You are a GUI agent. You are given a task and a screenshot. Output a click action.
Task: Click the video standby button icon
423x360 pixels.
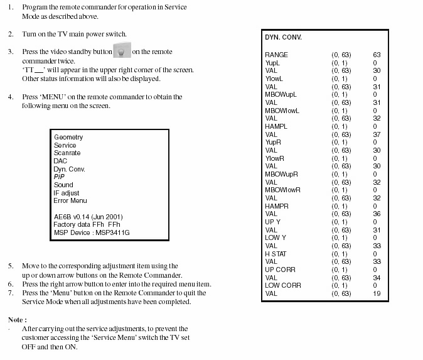tap(122, 52)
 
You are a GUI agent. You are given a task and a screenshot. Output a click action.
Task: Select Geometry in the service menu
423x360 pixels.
tap(68, 138)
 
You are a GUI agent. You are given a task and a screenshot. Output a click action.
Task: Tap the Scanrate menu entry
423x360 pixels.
tap(67, 153)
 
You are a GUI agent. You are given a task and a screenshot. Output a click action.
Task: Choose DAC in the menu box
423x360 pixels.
tap(60, 161)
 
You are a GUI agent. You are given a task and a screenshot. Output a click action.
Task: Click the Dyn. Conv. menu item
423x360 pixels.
tap(69, 169)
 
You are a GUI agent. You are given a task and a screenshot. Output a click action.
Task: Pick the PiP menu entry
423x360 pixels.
tap(59, 177)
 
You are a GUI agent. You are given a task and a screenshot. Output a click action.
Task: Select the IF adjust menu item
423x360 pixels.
tap(67, 193)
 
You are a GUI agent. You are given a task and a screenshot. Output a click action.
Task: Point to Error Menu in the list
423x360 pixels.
tap(70, 201)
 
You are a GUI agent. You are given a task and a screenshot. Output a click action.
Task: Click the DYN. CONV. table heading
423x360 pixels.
tap(284, 38)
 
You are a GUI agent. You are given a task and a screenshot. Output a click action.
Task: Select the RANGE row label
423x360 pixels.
tap(276, 55)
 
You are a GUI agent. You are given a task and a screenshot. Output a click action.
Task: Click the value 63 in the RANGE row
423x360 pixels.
tap(377, 55)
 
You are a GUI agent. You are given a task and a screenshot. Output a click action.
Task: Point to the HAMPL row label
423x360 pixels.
tap(276, 127)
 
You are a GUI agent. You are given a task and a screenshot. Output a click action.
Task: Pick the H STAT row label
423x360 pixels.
tap(276, 254)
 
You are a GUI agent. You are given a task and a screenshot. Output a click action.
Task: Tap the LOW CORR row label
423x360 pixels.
tap(282, 286)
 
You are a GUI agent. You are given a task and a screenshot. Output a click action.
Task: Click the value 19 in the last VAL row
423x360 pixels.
tap(377, 293)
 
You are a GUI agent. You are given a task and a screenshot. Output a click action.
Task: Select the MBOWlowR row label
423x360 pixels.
tap(282, 190)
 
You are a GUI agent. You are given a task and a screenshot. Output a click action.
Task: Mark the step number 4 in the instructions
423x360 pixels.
tap(11, 97)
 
